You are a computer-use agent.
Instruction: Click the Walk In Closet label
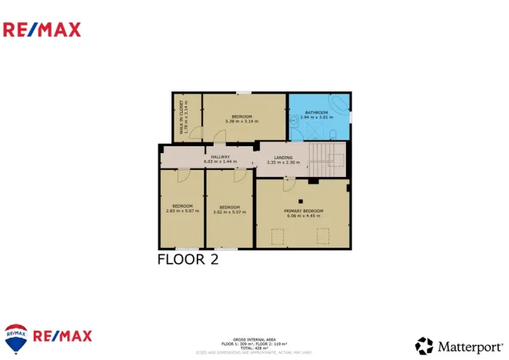pyautogui.click(x=182, y=118)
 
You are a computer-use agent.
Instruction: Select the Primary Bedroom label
pyautogui.click(x=303, y=211)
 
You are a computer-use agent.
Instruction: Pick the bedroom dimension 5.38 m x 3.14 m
pyautogui.click(x=241, y=121)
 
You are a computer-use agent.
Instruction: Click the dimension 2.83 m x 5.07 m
pyautogui.click(x=182, y=211)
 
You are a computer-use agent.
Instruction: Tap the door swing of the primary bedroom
pyautogui.click(x=288, y=185)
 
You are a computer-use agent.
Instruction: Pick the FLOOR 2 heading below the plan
pyautogui.click(x=188, y=259)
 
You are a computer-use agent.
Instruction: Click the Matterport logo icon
pyautogui.click(x=424, y=345)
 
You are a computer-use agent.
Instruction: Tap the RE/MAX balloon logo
pyautogui.click(x=15, y=336)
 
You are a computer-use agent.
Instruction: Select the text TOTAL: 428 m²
pyautogui.click(x=254, y=348)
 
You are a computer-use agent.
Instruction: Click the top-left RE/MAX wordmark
pyautogui.click(x=42, y=30)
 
